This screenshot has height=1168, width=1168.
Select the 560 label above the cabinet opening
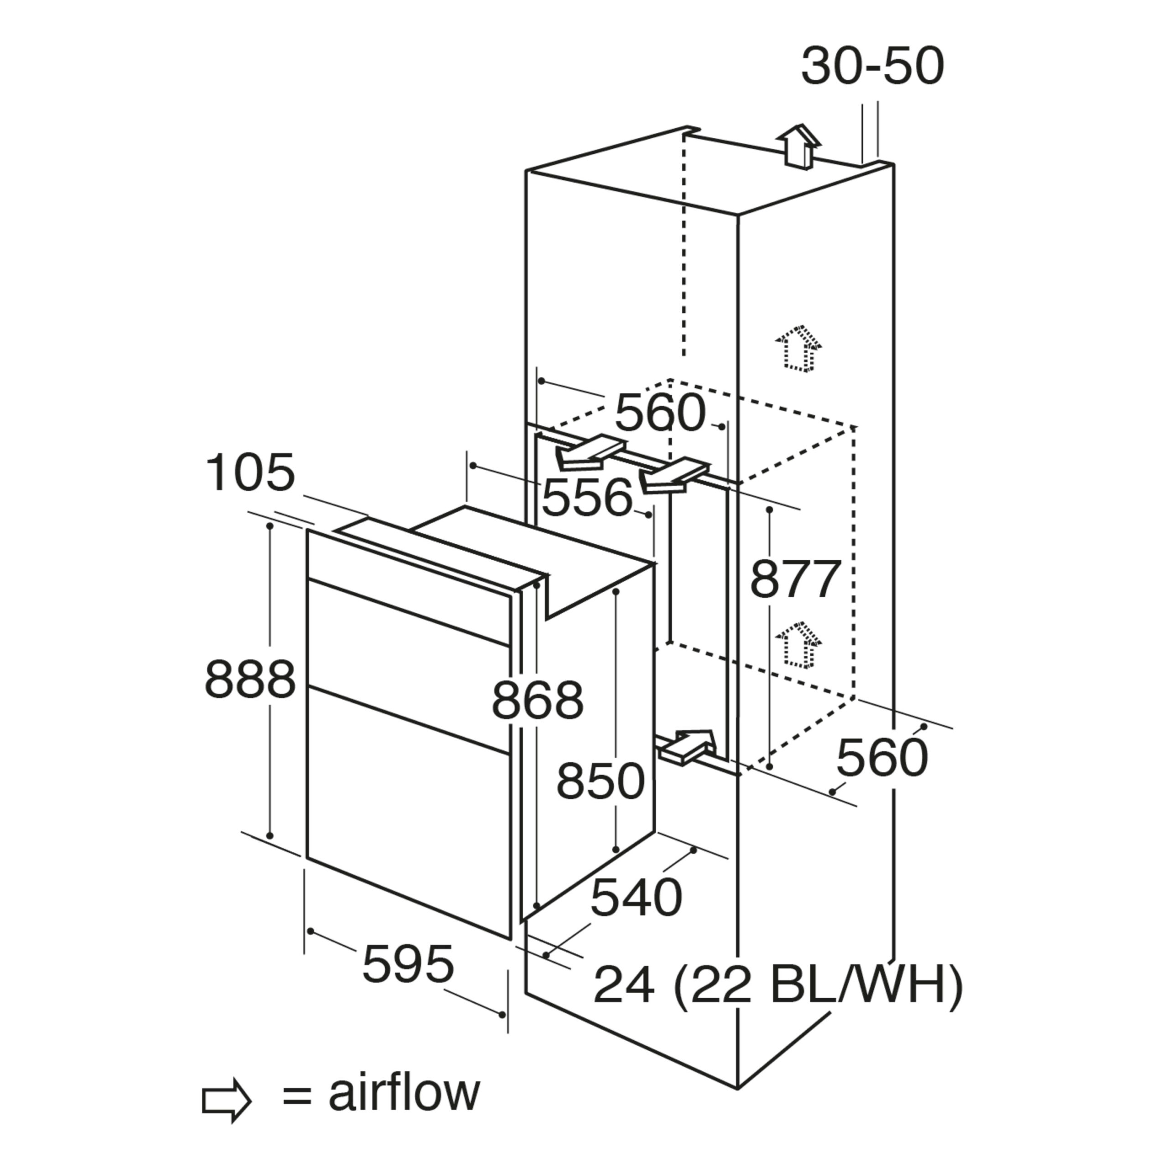660,413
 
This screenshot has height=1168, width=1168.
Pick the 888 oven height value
250,679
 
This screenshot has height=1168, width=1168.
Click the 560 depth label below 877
882,758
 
